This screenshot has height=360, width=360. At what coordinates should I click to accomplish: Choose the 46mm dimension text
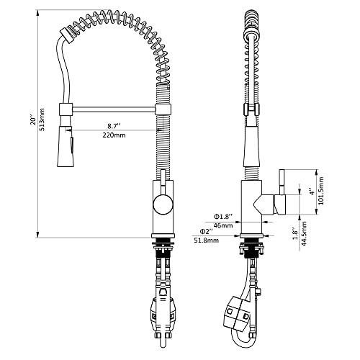pos(223,225)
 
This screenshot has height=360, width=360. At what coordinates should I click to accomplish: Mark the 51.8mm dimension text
pos(207,240)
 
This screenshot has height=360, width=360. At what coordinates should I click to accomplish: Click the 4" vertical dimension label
pos(312,193)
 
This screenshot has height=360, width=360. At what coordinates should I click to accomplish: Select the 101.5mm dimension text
pos(322,193)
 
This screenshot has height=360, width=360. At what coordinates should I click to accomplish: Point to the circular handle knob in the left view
pos(162,204)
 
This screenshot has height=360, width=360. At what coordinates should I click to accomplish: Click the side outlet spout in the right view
pos(277,204)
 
